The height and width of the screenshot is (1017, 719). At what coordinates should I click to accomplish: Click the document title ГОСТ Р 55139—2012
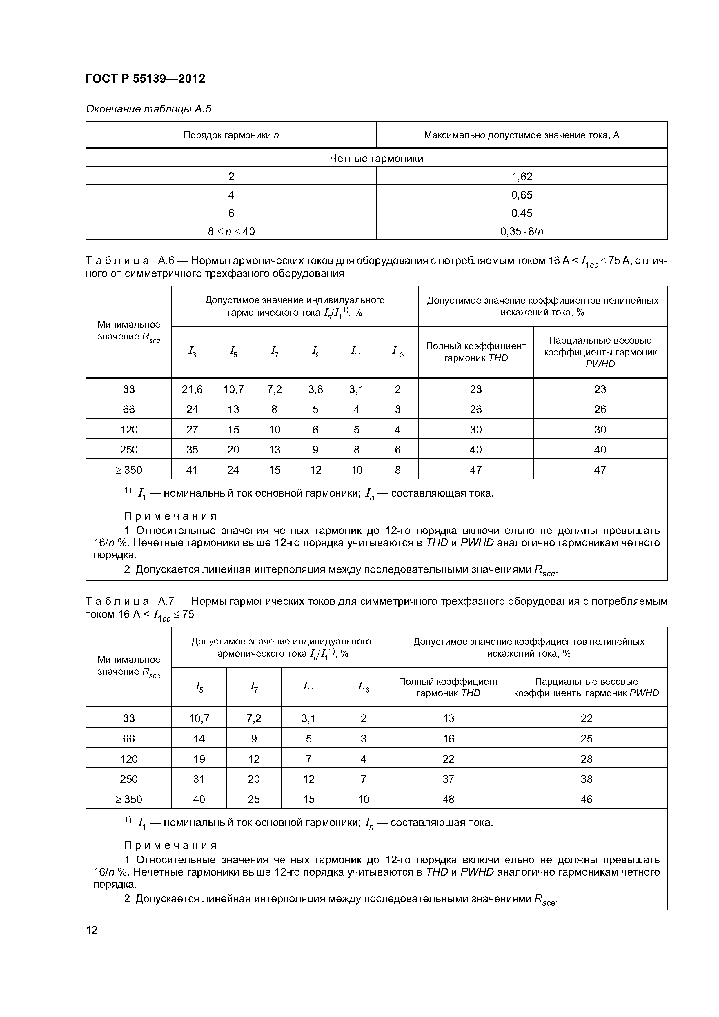tap(145, 79)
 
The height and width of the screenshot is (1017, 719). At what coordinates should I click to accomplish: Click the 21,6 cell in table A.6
tap(192, 389)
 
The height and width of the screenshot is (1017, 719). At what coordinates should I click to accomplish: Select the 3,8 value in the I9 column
tap(315, 389)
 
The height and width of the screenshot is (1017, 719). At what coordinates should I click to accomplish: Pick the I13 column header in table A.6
tap(397, 352)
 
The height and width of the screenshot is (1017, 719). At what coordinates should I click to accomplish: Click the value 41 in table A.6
tap(192, 470)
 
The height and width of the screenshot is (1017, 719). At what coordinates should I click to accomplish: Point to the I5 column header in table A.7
tap(199, 687)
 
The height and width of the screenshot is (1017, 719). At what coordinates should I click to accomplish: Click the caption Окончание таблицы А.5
tap(148, 109)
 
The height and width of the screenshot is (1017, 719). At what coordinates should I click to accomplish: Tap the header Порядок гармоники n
tap(231, 135)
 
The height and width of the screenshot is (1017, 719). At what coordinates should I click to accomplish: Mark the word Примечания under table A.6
tap(170, 516)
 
